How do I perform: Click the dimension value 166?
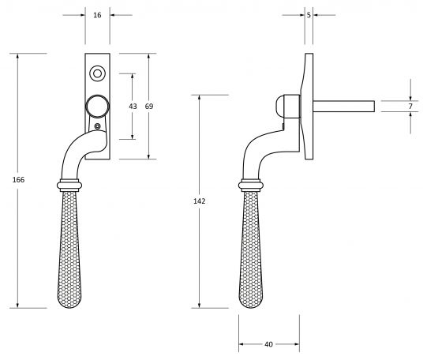[19, 181]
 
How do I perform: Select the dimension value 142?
[199, 202]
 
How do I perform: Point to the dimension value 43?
[133, 106]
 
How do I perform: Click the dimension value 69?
[150, 106]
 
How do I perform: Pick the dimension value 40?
[268, 345]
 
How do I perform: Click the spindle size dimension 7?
[410, 106]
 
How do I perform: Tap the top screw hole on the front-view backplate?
[97, 74]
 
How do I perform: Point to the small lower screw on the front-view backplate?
[97, 126]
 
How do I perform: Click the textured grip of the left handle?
[71, 253]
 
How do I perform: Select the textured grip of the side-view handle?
[252, 253]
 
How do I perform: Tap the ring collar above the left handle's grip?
[70, 186]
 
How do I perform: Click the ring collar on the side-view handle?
[252, 186]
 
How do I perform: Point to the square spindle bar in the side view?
[343, 106]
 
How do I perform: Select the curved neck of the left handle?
[75, 154]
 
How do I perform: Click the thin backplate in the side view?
[308, 103]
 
